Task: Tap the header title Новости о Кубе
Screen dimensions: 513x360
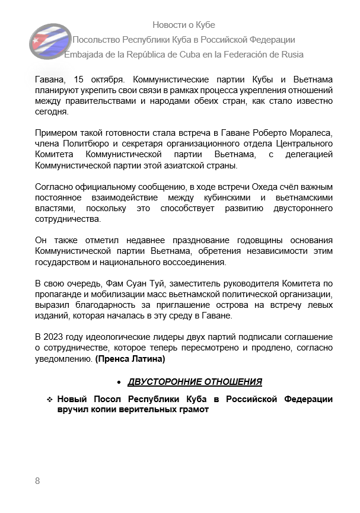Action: click(x=184, y=25)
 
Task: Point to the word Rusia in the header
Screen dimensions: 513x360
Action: click(x=290, y=55)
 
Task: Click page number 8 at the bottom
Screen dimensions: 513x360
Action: click(x=37, y=481)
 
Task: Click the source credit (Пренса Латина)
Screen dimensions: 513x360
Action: click(x=130, y=359)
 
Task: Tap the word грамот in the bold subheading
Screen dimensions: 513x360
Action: click(x=196, y=410)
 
